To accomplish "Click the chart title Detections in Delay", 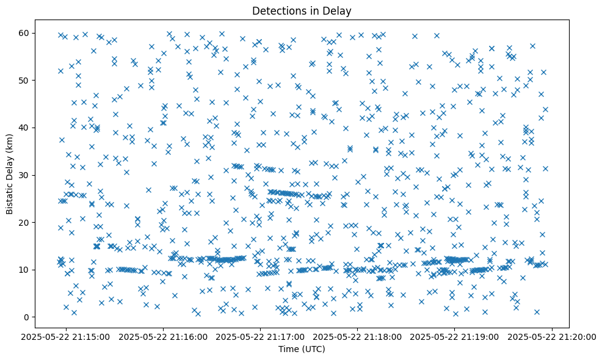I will (x=301, y=10).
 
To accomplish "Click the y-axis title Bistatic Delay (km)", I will (x=10, y=174).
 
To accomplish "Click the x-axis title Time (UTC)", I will (x=301, y=349).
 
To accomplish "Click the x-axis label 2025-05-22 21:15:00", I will (x=67, y=336).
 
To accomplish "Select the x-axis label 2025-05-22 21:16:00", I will (x=164, y=336).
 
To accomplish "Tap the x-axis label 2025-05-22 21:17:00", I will (x=261, y=336).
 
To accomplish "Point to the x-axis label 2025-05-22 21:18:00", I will (x=358, y=336).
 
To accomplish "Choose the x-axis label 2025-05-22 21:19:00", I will (x=455, y=336).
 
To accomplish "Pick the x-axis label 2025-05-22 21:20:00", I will (x=552, y=336).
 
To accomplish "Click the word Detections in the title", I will (x=275, y=10).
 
